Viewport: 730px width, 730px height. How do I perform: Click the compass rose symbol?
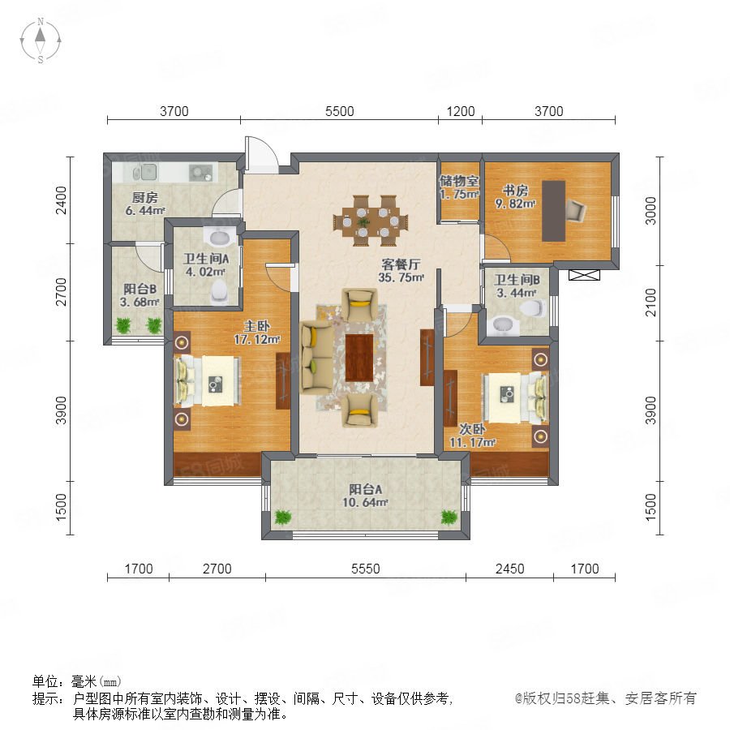tap(41, 41)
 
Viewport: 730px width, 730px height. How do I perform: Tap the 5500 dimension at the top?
tap(339, 111)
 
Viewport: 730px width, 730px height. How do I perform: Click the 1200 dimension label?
tap(461, 111)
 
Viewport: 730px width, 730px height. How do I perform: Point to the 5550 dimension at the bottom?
tap(366, 569)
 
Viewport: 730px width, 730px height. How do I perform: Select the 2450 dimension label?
tap(510, 569)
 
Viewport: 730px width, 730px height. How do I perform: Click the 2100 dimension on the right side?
tap(651, 303)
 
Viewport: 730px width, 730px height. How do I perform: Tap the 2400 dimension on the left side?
tap(61, 200)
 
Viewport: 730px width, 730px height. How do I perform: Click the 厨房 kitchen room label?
tap(145, 197)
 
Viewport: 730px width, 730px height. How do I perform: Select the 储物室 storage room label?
tap(459, 181)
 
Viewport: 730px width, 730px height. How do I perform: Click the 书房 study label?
tap(515, 191)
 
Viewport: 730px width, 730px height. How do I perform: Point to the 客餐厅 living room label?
tap(401, 264)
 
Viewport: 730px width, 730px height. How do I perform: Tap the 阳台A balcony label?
tap(366, 489)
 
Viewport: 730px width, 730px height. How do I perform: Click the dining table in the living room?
tap(371, 221)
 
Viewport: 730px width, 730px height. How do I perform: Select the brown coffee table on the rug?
tap(359, 358)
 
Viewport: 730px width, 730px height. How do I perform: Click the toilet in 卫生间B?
tap(532, 307)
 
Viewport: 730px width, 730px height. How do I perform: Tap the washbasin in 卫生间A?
tap(220, 237)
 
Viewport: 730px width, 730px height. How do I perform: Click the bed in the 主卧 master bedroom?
tap(207, 380)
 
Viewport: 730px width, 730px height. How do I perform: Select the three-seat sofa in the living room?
tap(316, 357)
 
